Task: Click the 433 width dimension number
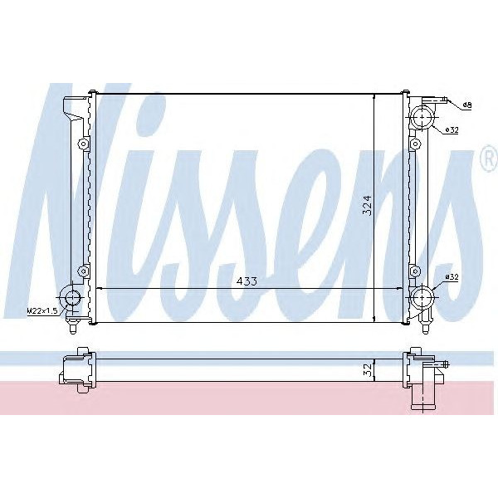click(x=247, y=281)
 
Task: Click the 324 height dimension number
click(x=366, y=204)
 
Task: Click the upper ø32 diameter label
click(x=452, y=129)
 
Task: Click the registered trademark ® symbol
click(x=488, y=160)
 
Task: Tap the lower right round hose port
click(x=423, y=296)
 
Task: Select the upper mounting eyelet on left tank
click(x=82, y=146)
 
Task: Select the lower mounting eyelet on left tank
click(x=82, y=270)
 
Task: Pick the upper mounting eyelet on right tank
click(x=414, y=147)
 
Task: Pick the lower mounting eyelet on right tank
click(x=414, y=270)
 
